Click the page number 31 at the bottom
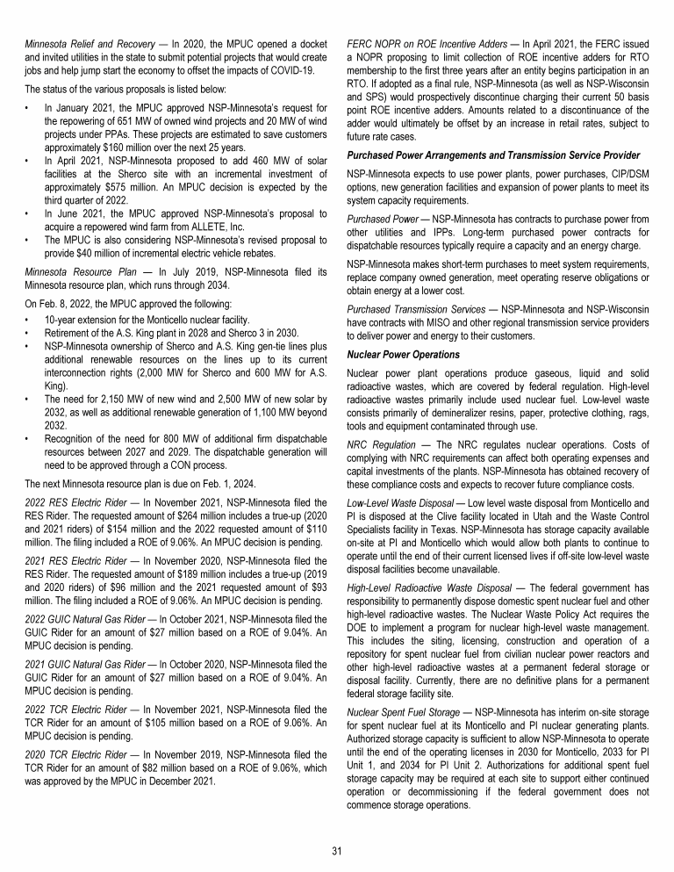pos(337,851)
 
